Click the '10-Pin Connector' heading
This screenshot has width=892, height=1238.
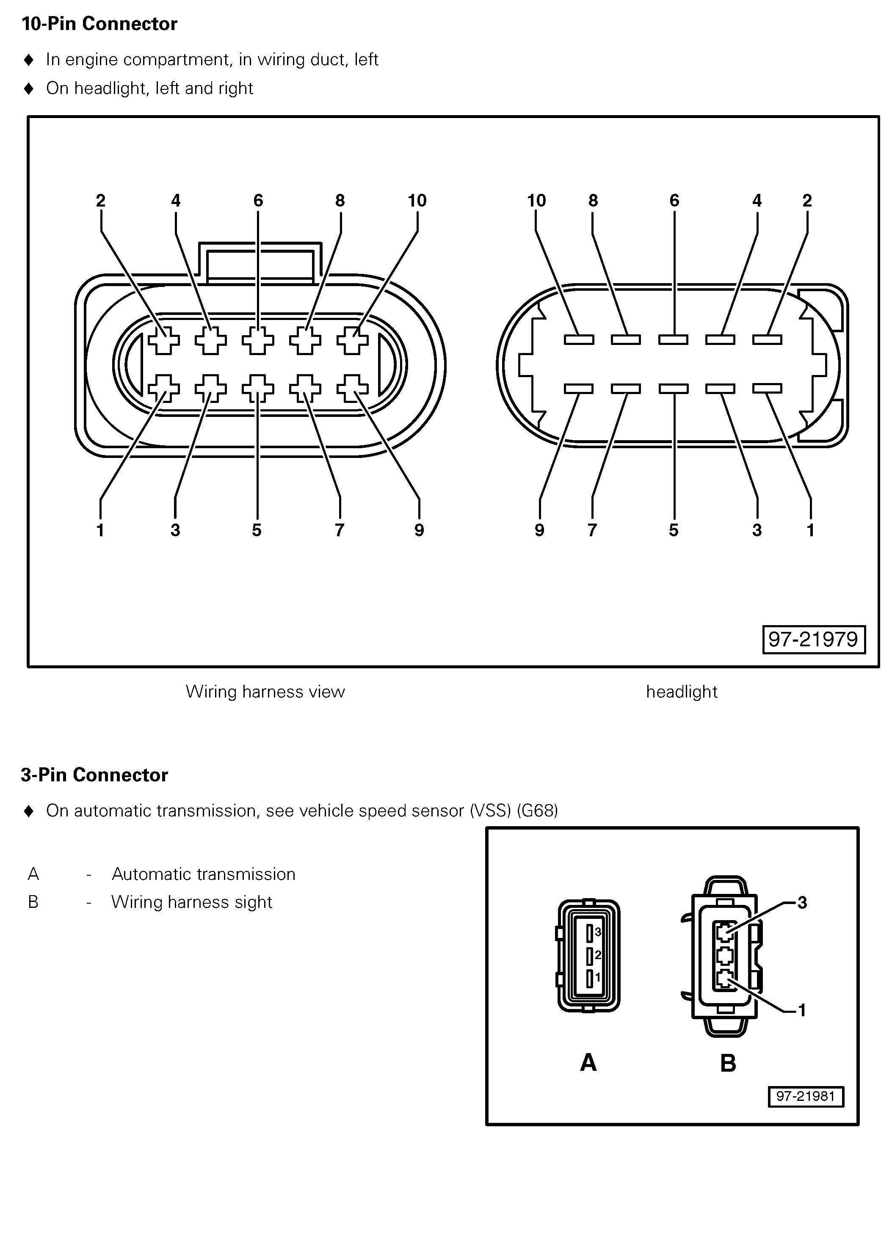click(x=99, y=24)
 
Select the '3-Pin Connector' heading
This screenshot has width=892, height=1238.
click(x=94, y=775)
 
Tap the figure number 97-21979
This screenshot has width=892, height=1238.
click(x=813, y=639)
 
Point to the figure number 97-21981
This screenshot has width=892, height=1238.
click(x=805, y=1096)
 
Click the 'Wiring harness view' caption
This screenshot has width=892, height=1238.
click(x=265, y=692)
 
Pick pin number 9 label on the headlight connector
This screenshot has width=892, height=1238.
click(x=539, y=530)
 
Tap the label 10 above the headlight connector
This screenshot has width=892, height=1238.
click(x=536, y=201)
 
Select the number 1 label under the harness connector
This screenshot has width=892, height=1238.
click(x=100, y=530)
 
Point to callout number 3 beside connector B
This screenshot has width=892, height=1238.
click(x=802, y=902)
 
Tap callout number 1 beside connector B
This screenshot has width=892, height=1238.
click(x=802, y=1010)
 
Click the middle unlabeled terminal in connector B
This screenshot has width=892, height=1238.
click(x=724, y=956)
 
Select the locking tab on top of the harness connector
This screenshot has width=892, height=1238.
click(x=260, y=262)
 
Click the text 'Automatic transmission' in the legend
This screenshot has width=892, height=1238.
click(x=203, y=874)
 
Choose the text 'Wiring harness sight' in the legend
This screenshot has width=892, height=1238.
click(x=192, y=902)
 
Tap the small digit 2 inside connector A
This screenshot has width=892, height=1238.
click(x=598, y=955)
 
